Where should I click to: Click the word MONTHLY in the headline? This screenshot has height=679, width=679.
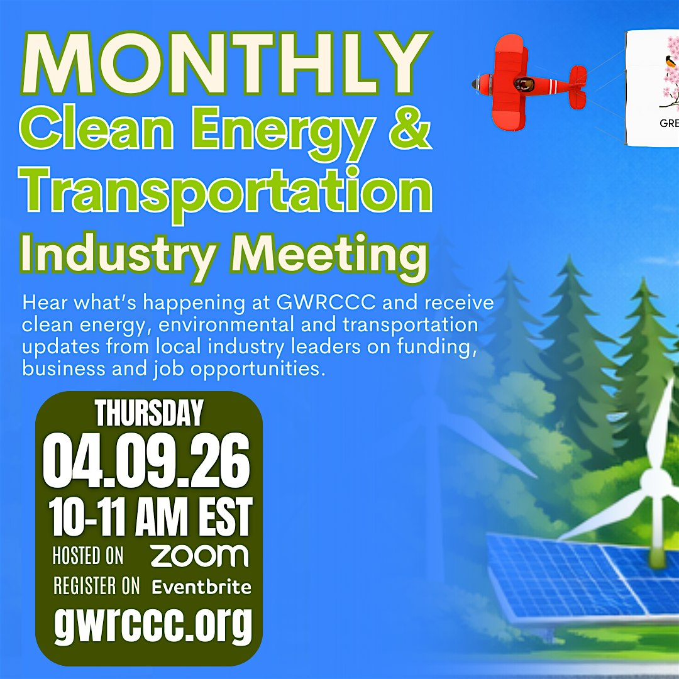click(x=226, y=64)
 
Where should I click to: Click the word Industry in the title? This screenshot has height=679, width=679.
click(x=118, y=255)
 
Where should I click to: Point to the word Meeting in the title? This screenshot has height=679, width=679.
click(x=329, y=255)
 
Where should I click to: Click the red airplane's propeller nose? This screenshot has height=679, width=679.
click(x=478, y=84)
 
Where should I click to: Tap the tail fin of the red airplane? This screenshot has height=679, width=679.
click(x=578, y=87)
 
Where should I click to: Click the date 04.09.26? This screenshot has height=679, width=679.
click(x=146, y=461)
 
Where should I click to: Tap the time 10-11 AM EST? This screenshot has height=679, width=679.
click(x=150, y=516)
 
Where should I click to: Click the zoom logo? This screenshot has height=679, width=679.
click(x=200, y=556)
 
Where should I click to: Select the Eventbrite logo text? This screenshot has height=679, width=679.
click(x=201, y=587)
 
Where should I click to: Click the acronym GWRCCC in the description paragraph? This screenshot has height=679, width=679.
click(x=326, y=302)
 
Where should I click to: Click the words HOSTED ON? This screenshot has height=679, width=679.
click(x=88, y=555)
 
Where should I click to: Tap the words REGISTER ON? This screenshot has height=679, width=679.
click(x=97, y=586)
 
